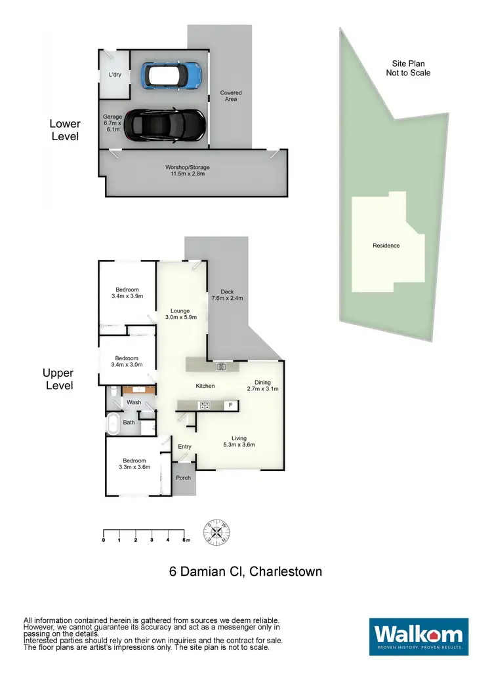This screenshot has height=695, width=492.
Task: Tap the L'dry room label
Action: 115,75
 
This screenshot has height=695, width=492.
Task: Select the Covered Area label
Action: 230,96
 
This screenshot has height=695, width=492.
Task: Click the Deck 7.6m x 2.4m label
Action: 227,295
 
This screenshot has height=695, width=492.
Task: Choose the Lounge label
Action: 180,315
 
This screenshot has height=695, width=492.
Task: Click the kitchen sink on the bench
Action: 221,367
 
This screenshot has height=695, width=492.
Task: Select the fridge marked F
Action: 230,405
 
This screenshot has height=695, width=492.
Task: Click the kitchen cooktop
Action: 204,405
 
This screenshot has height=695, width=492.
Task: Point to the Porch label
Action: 184,478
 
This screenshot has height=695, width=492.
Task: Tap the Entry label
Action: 184,447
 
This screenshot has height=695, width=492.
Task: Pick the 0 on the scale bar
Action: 104,540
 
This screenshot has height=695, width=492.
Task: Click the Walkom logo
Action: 419,636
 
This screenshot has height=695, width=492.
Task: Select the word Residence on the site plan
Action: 386,246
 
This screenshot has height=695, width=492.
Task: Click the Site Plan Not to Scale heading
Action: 408,68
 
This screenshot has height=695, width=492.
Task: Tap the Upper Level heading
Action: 58,379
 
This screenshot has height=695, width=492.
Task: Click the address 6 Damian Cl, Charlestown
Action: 245,572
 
